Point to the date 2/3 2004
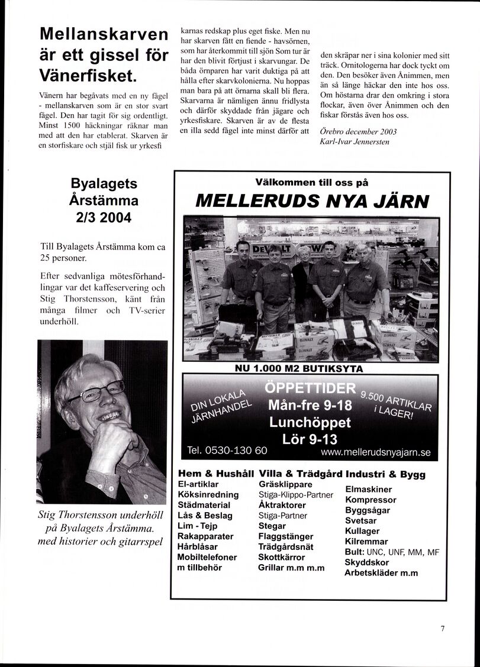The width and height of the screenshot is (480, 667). tap(104, 217)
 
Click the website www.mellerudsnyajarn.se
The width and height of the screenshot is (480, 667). tap(375, 453)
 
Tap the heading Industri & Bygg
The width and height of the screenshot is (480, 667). tap(385, 474)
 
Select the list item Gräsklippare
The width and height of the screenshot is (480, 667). tap(286, 484)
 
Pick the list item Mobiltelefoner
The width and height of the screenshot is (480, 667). tap(207, 557)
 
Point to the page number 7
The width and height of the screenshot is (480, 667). tap(442, 629)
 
